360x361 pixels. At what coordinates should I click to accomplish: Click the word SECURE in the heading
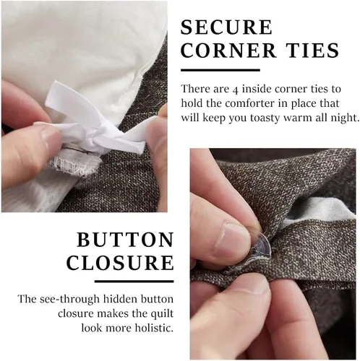click(226, 27)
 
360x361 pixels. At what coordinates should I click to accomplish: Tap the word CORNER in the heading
click(228, 51)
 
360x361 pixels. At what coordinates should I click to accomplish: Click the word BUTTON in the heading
click(125, 240)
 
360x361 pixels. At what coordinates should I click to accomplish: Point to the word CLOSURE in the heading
click(120, 262)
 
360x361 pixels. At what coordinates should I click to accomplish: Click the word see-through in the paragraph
click(69, 300)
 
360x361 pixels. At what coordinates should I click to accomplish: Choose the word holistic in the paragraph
click(154, 328)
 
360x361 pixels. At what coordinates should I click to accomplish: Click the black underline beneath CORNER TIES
click(220, 70)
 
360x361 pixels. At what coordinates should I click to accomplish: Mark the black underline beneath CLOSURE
click(134, 281)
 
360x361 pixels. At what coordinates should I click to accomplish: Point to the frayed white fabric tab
click(74, 165)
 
